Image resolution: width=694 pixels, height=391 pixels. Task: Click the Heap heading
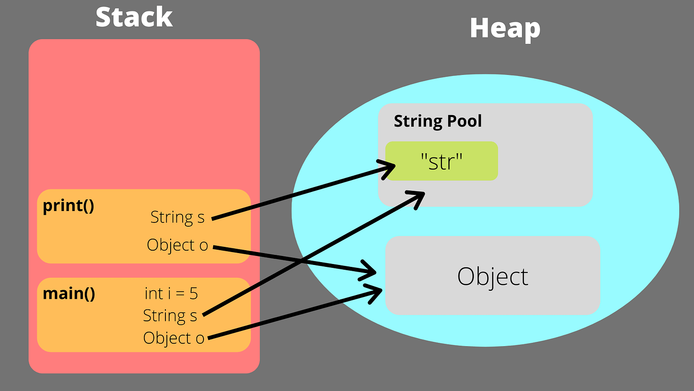(505, 29)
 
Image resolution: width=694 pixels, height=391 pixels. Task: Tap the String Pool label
(438, 121)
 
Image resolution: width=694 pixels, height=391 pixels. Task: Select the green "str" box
(441, 161)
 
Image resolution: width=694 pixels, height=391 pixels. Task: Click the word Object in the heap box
(492, 276)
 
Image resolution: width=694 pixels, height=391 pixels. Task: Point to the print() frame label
(68, 206)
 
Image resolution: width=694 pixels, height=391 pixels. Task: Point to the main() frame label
(69, 293)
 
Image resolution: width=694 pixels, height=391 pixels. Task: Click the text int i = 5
(171, 293)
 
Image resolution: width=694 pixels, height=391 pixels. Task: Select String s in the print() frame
(177, 217)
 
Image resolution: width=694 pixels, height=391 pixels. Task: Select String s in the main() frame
(170, 316)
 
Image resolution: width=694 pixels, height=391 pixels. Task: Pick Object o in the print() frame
(177, 245)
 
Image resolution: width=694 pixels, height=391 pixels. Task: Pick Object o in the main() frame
(173, 338)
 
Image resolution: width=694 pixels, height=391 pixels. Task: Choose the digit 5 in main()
(193, 293)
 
